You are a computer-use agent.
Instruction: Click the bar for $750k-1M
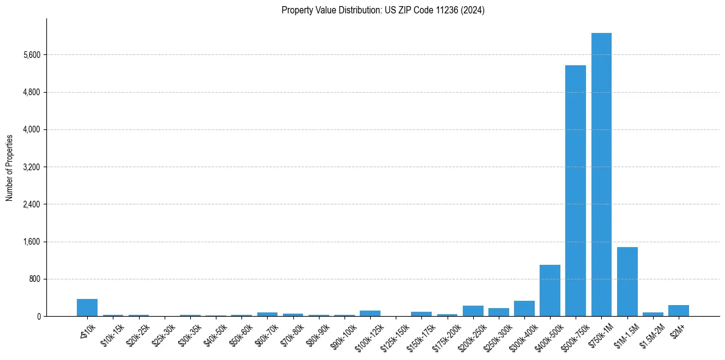[x=601, y=175]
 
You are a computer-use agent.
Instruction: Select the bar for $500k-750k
[x=575, y=190]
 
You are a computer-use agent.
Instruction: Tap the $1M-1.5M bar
[x=627, y=281]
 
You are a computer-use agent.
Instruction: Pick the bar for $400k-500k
[x=549, y=290]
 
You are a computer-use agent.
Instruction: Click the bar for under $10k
[x=87, y=308]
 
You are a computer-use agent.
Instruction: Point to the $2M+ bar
[x=678, y=311]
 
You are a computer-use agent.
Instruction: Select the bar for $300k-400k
[x=524, y=309]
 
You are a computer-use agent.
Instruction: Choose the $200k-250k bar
[x=473, y=311]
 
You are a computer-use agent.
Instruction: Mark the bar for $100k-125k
[x=370, y=314]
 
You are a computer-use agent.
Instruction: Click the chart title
[x=383, y=10]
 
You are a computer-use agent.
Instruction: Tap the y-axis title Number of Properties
[x=10, y=167]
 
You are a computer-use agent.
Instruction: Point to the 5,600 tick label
[x=31, y=55]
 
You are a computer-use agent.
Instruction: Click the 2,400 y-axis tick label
[x=31, y=204]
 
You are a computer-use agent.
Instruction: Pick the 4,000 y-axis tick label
[x=31, y=129]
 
